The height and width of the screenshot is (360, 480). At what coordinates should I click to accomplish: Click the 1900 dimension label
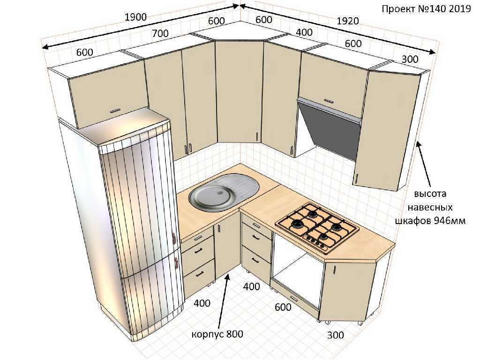point(135,17)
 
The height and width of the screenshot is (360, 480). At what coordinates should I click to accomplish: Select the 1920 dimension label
point(348,21)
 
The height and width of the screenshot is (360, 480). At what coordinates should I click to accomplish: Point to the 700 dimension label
point(160,33)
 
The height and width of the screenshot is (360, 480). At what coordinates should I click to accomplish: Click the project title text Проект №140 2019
point(426,8)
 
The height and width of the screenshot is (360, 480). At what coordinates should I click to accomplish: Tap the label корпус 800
point(217,334)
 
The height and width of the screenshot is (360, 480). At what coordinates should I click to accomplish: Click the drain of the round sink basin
point(219,193)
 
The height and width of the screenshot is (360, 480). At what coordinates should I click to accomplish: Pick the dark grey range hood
point(329,127)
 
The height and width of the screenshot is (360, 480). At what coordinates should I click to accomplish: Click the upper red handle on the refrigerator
point(173,238)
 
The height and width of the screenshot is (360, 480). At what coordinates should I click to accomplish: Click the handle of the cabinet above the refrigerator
point(115,111)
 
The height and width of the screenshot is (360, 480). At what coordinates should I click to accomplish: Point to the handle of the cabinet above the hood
point(329,100)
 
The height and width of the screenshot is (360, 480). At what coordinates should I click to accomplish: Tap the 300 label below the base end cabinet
point(336,335)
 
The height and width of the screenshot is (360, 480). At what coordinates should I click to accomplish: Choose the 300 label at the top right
point(410,59)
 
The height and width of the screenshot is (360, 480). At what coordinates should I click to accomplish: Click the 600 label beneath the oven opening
point(283,307)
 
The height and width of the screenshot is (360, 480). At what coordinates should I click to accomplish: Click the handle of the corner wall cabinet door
point(256,136)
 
